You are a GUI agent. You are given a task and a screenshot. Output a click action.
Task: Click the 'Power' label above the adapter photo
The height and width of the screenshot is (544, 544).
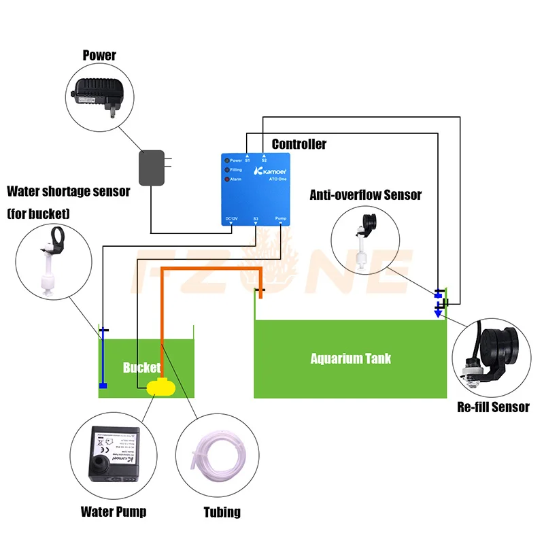click(99, 54)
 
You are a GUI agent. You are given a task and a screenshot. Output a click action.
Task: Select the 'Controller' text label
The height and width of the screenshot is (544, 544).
click(299, 144)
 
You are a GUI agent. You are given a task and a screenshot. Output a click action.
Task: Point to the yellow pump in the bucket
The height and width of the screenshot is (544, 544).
click(160, 387)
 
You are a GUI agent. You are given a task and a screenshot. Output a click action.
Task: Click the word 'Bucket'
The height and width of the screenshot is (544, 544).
click(141, 368)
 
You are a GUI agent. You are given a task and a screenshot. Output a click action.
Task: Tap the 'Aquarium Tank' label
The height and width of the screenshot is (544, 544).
click(350, 358)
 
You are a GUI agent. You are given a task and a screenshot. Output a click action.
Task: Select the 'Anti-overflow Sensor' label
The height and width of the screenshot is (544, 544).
click(366, 195)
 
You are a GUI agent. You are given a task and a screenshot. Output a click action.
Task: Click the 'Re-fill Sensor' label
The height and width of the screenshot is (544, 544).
click(493, 407)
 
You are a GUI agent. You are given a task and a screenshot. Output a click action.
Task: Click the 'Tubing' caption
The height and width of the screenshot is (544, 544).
click(222, 511)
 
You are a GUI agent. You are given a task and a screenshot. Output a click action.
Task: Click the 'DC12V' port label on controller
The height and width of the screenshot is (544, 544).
click(232, 219)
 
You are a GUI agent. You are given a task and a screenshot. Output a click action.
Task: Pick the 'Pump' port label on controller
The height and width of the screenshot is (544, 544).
click(281, 219)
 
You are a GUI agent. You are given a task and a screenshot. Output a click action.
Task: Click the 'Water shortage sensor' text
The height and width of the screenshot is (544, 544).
click(68, 191)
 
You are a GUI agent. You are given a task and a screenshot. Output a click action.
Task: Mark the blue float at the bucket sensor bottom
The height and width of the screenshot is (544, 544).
click(103, 386)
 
